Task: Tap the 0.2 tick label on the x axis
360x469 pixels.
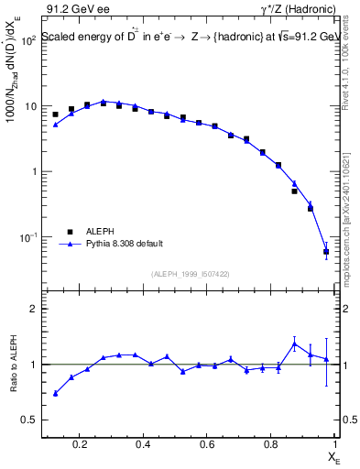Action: pyautogui.click(x=81, y=445)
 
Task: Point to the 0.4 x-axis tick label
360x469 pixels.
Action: pyautogui.click(x=143, y=445)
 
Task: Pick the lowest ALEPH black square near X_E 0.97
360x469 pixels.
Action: pyautogui.click(x=326, y=251)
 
